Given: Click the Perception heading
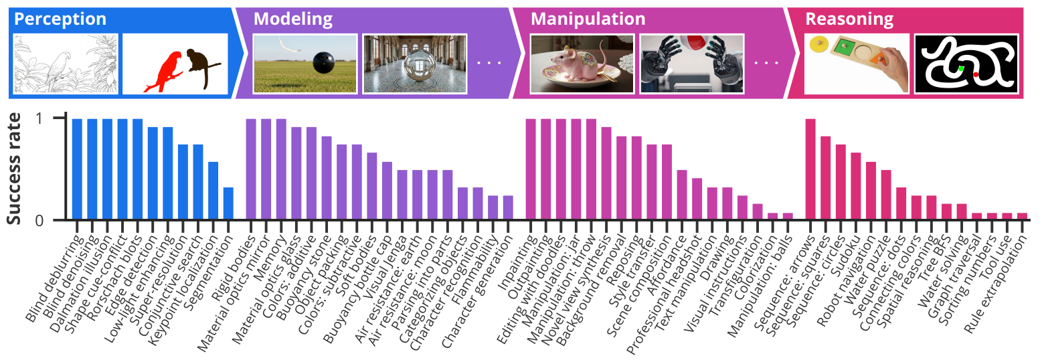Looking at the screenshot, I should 60,19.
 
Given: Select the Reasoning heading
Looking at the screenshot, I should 849,19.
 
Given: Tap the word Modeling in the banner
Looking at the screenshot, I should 292,19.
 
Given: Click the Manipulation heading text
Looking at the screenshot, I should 588,19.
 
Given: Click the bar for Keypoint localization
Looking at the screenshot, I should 213,191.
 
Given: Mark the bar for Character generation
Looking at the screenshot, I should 507,207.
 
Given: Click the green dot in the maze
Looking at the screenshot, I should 961,68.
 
